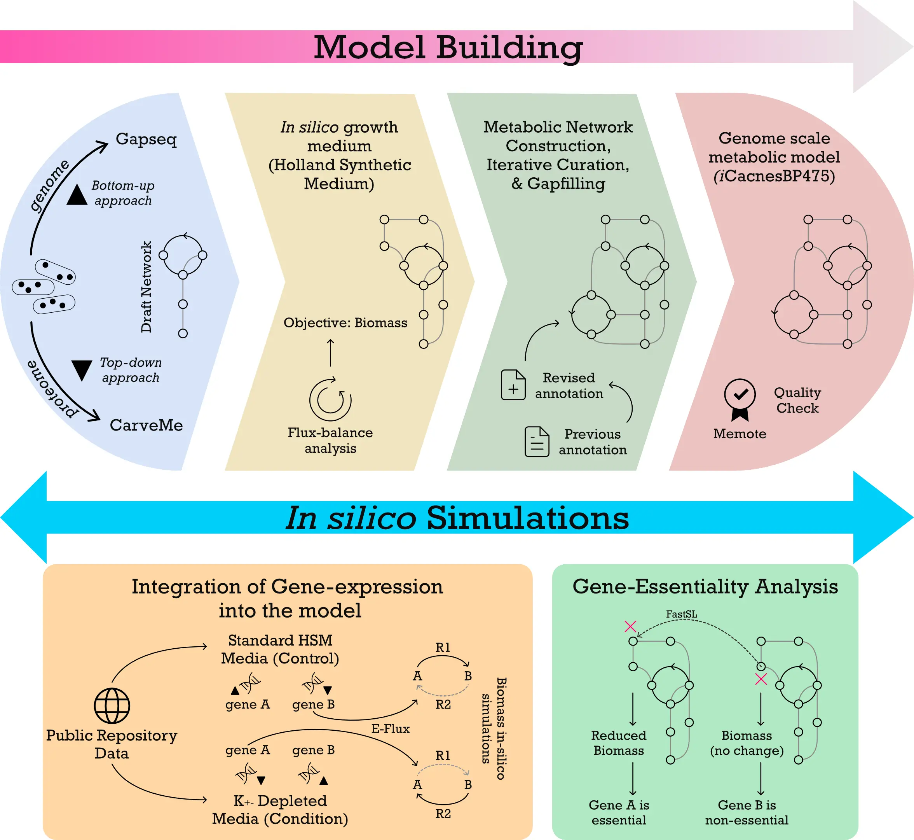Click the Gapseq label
point(146,138)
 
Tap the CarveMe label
point(146,425)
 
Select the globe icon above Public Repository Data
point(112,705)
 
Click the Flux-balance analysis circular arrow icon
point(330,399)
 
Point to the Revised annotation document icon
point(513,385)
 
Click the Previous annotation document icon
point(537,441)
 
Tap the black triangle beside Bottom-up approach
point(77,194)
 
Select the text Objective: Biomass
point(345,323)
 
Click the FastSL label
point(681,614)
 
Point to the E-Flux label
point(390,729)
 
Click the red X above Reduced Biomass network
point(630,626)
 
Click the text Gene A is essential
point(619,812)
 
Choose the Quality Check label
point(797,400)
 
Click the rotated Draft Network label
point(146,287)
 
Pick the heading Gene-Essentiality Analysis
point(705,586)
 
